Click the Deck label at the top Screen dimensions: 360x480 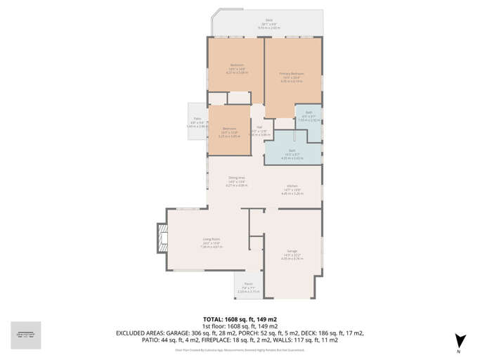coord(268,20)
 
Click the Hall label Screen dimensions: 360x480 coord(259,127)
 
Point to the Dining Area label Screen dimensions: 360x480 coord(236,177)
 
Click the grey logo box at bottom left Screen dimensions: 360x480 coord(26,335)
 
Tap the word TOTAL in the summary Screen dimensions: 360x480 coord(215,319)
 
